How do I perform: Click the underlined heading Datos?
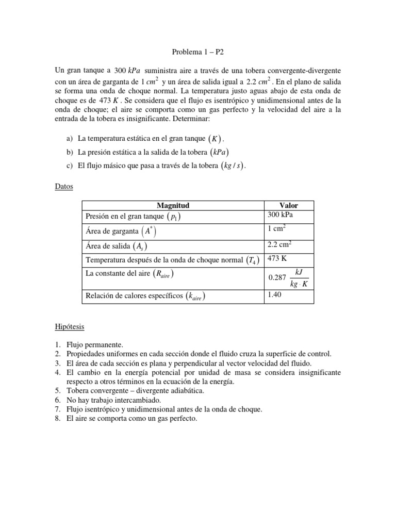point(64,186)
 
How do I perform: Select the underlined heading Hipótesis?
point(70,327)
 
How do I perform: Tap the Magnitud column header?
point(173,205)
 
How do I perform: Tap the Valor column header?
point(288,205)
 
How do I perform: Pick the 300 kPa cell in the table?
point(282,215)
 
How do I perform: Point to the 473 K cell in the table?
point(277,259)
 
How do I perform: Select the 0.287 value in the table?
point(277,277)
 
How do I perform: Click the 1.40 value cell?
point(276,295)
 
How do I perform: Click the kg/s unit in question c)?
point(230,166)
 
